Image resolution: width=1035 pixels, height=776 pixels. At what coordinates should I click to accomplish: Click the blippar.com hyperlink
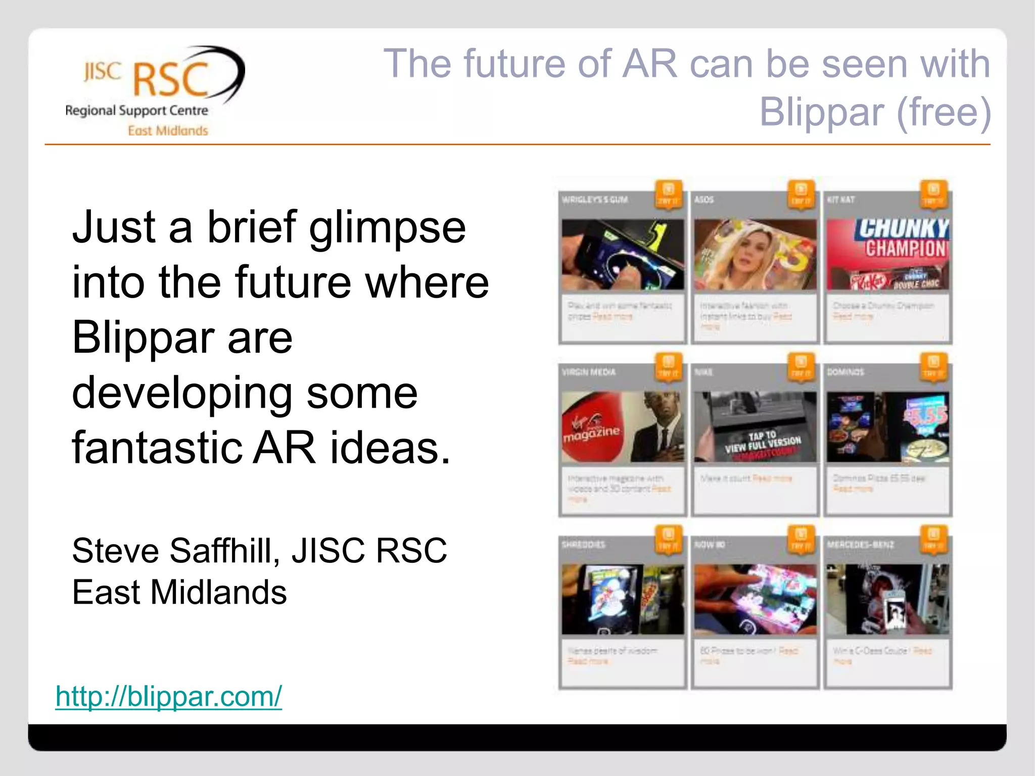[x=168, y=696]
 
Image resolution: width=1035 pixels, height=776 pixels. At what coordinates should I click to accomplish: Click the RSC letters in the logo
[x=171, y=80]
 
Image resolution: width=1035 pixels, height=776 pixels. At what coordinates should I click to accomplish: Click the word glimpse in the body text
[x=387, y=227]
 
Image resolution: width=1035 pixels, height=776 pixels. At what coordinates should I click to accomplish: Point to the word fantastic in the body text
[x=157, y=448]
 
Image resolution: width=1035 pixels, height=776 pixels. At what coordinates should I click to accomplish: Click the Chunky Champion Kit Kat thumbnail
[x=887, y=255]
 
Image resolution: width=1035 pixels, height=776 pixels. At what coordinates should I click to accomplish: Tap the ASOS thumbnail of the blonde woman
[x=755, y=255]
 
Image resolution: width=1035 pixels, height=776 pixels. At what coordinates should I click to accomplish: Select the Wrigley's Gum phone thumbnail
[x=623, y=255]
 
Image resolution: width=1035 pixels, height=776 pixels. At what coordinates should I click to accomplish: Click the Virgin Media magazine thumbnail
[x=623, y=427]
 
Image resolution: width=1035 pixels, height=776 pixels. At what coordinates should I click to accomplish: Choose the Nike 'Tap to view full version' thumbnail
[x=755, y=427]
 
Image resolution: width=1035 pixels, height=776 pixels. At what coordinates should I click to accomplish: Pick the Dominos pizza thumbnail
[x=887, y=427]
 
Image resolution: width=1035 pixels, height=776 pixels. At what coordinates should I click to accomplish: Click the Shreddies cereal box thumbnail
[x=623, y=599]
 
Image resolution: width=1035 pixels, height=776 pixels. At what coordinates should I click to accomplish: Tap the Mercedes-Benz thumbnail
[x=887, y=599]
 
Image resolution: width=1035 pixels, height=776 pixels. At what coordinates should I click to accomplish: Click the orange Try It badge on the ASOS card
[x=801, y=195]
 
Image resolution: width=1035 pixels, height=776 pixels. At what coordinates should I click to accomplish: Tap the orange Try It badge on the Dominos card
[x=933, y=367]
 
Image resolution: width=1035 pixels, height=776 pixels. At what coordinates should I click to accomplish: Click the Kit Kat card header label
[x=841, y=200]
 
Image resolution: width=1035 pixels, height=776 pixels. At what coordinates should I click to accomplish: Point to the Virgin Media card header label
[x=589, y=372]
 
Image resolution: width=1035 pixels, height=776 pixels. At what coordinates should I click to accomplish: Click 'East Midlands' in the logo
[x=168, y=131]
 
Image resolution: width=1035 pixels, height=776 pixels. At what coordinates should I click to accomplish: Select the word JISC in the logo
[x=103, y=72]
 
